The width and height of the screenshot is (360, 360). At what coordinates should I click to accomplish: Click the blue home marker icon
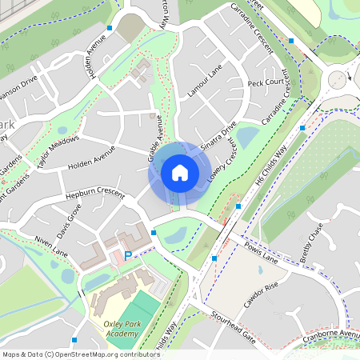[x=180, y=172]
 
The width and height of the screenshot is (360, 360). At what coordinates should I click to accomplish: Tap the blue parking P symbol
[x=127, y=255]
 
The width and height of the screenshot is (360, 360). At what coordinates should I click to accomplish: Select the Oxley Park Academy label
[x=110, y=328]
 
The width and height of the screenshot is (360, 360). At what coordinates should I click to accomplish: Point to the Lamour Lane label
[x=205, y=83]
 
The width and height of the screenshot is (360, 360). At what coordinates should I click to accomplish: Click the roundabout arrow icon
[x=338, y=78]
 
